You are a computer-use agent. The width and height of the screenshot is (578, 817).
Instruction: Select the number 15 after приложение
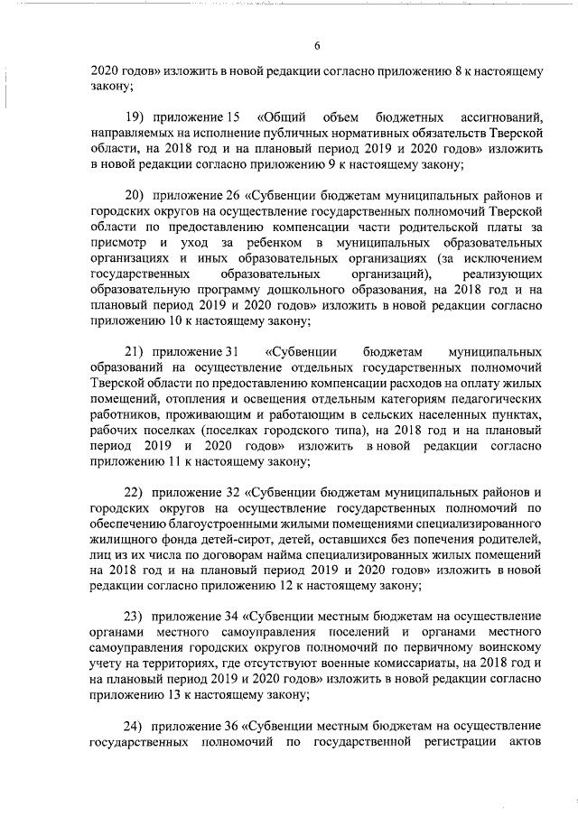coord(232,117)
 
